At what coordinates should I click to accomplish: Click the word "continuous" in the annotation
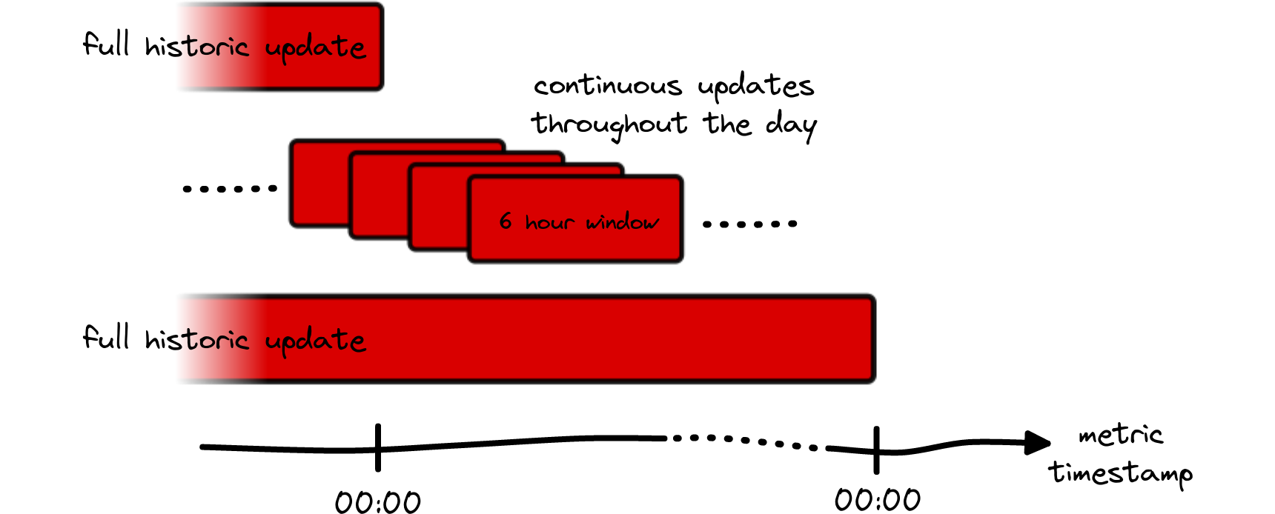[x=607, y=87]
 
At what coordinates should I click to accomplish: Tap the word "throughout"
[x=609, y=124]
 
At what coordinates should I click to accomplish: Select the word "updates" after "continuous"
[x=755, y=87]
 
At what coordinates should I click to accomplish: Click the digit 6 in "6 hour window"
[x=506, y=221]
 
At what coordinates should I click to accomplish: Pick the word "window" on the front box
[x=622, y=221]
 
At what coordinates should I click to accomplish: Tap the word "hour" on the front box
[x=549, y=221]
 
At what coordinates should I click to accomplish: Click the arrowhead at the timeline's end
[x=1037, y=443]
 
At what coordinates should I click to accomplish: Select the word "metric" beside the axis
[x=1120, y=434]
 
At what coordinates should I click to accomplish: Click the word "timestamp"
[x=1120, y=473]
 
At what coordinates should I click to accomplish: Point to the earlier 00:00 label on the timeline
[x=378, y=501]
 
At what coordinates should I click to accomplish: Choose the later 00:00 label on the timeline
[x=878, y=500]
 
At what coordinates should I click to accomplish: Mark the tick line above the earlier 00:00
[x=378, y=447]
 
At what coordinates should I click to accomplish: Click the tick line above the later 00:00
[x=876, y=450]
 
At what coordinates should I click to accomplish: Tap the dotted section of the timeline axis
[x=745, y=441]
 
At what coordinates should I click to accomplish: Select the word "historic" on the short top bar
[x=196, y=47]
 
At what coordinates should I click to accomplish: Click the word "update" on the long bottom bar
[x=315, y=340]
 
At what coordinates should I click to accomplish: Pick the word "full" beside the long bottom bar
[x=106, y=337]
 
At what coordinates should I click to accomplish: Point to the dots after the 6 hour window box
[x=749, y=224]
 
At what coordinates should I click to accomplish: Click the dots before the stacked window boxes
[x=230, y=189]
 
